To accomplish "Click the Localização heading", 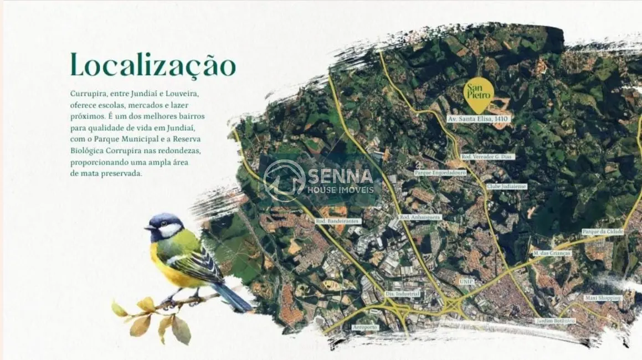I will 153,65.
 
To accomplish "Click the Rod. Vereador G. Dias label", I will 487,157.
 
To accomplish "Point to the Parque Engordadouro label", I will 440,173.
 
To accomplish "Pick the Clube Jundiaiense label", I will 506,187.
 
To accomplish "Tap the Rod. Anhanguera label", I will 420,217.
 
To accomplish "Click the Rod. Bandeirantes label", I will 337,221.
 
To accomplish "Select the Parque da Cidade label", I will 603,232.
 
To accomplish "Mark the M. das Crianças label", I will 552,253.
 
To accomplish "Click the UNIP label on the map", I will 466,281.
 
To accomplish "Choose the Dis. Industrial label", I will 403,294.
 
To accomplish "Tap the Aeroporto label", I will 365,327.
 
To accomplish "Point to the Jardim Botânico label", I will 556,321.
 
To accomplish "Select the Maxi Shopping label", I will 603,298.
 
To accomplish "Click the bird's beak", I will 148,227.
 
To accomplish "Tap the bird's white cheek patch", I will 170,230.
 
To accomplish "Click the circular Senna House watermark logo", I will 284,181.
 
